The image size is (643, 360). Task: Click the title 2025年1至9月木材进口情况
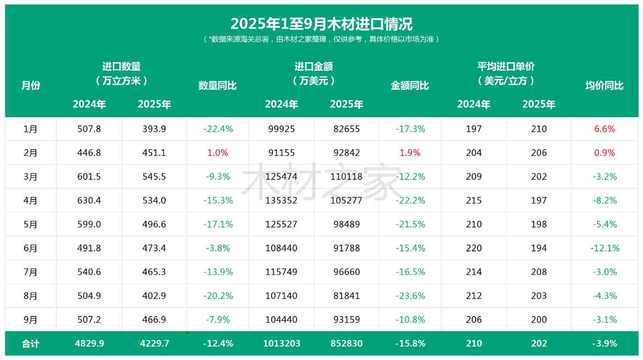[x=321, y=23]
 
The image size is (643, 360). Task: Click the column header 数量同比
[x=218, y=86]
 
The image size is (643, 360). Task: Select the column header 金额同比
[x=410, y=86]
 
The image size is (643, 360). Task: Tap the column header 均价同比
[x=604, y=86]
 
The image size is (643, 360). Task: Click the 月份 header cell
[x=31, y=86]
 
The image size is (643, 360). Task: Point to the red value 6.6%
[x=604, y=129]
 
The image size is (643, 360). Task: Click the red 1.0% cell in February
[x=218, y=153]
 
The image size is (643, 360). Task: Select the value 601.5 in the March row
[x=89, y=177]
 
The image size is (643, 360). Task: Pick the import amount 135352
[x=281, y=201]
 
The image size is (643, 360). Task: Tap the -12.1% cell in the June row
[x=604, y=248]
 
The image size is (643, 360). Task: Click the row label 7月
[x=31, y=272]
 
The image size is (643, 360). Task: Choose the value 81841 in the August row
[x=346, y=296]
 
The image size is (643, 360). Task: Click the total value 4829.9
[x=89, y=344]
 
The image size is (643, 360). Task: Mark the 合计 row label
[x=31, y=344]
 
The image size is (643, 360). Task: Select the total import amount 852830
[x=346, y=344]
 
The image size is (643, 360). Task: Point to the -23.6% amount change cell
[x=410, y=296]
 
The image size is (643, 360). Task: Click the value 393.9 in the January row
[x=154, y=129]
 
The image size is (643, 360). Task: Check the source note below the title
[x=321, y=39]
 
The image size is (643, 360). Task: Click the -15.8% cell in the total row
[x=410, y=344]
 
